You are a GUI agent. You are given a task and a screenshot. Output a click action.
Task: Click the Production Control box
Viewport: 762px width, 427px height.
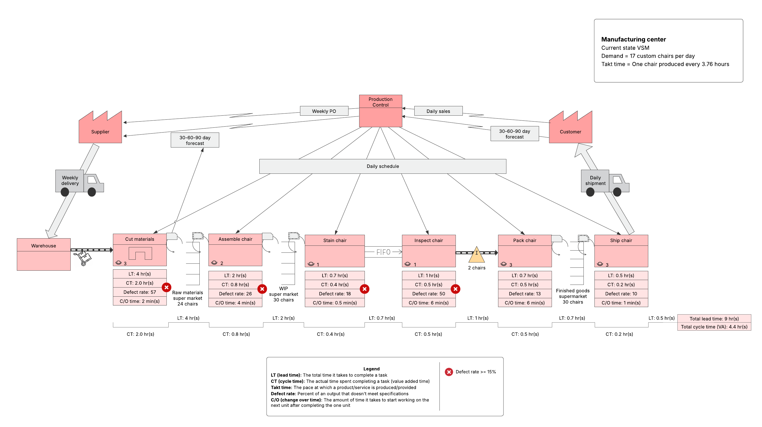coord(380,111)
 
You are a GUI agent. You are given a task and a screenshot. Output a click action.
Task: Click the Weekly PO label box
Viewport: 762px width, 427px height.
coord(324,111)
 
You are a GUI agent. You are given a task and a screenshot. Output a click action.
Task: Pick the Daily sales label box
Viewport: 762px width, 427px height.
coord(438,111)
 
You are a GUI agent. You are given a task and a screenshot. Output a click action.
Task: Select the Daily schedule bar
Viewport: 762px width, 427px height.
coord(382,166)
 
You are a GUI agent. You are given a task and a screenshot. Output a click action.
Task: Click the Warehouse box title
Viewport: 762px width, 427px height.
coord(43,245)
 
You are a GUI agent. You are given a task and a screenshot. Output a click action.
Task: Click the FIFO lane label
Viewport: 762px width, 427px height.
coord(383,252)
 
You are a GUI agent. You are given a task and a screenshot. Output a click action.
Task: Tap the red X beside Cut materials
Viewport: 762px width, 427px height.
coord(166,287)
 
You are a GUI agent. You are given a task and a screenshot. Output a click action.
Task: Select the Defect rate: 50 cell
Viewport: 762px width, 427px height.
coord(428,293)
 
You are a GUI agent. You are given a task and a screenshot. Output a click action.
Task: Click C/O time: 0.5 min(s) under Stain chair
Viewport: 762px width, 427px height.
coord(335,303)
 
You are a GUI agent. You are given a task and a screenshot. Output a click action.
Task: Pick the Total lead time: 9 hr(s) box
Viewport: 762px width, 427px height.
coord(714,318)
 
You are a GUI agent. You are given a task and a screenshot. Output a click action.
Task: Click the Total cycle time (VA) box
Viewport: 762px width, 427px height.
coord(714,327)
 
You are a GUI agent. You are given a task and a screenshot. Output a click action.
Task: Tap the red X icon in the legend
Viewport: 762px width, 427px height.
coord(449,372)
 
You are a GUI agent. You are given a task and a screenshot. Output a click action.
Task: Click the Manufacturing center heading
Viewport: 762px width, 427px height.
coord(633,39)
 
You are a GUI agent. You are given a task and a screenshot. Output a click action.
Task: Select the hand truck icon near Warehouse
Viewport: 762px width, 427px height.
coord(84,258)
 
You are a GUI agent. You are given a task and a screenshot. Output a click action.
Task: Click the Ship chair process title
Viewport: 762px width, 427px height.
coord(621,240)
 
